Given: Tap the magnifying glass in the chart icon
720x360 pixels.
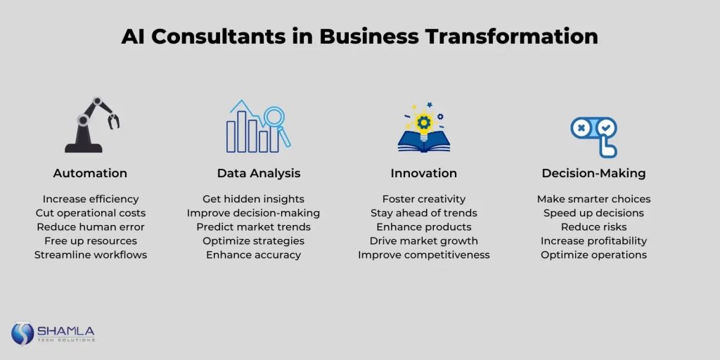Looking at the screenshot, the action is [277, 124].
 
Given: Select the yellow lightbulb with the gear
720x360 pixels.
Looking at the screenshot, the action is [423, 122].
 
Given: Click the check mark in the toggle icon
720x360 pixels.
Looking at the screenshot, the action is [607, 127].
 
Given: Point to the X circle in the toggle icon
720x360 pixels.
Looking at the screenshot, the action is [581, 128].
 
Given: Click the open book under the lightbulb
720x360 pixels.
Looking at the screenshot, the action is [424, 142].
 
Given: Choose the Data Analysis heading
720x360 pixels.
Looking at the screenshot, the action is [259, 173].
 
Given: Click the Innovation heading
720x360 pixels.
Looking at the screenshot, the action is [424, 173].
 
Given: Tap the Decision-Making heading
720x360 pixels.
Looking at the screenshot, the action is [593, 173].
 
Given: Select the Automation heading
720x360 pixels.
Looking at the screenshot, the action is [90, 173].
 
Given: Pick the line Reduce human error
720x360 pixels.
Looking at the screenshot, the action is [91, 227].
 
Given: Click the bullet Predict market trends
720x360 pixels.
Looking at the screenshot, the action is [253, 227].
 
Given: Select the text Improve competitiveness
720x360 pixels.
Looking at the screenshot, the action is [424, 255].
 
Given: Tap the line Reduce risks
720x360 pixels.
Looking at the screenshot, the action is [593, 227].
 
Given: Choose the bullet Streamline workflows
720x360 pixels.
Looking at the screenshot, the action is [91, 255].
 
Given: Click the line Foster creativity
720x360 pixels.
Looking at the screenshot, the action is [424, 199].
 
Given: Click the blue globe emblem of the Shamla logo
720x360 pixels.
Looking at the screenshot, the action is [22, 333].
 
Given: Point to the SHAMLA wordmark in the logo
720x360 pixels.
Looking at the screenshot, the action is [66, 331].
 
